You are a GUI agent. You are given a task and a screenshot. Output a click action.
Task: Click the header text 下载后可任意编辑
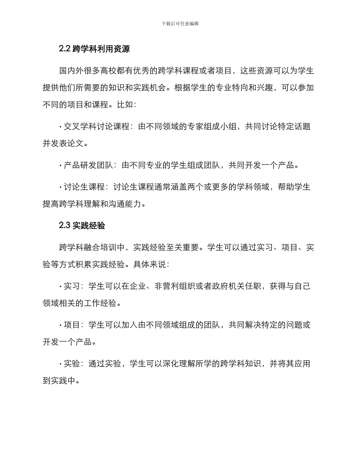tap(180, 23)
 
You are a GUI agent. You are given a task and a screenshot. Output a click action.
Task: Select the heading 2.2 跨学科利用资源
tap(95, 49)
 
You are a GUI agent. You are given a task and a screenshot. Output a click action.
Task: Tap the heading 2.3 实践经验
tap(82, 226)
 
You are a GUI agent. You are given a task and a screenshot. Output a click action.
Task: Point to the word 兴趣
tap(260, 88)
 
